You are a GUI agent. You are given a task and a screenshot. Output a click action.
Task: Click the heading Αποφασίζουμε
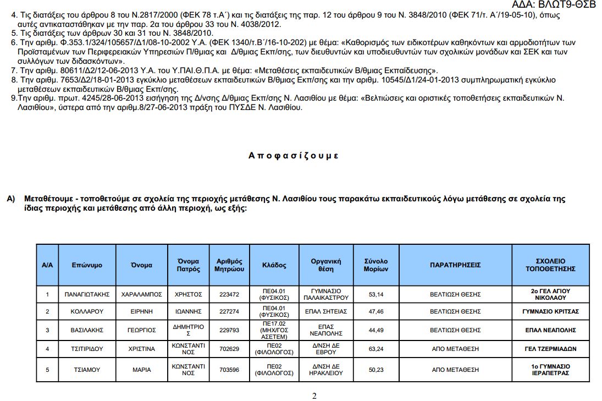pyautogui.click(x=294, y=156)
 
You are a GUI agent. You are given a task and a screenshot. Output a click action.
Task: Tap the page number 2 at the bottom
pyautogui.click(x=314, y=395)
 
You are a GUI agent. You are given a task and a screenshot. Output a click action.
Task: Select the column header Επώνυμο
pyautogui.click(x=87, y=265)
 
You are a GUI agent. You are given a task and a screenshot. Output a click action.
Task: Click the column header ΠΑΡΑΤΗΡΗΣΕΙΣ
pyautogui.click(x=455, y=265)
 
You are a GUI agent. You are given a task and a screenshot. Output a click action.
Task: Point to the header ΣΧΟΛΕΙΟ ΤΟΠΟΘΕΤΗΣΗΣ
pyautogui.click(x=550, y=265)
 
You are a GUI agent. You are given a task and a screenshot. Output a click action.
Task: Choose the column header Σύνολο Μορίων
pyautogui.click(x=376, y=265)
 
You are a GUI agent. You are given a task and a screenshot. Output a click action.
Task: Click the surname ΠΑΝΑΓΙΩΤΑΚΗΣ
pyautogui.click(x=87, y=294)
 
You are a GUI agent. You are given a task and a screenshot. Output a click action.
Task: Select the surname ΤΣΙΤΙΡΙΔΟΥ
pyautogui.click(x=87, y=349)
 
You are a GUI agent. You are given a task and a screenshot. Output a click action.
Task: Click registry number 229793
pyautogui.click(x=229, y=330)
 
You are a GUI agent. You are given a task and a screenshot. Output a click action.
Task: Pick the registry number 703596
pyautogui.click(x=229, y=370)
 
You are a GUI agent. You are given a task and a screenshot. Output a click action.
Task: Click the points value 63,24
pyautogui.click(x=376, y=349)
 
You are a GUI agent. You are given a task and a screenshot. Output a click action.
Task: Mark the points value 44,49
pyautogui.click(x=376, y=330)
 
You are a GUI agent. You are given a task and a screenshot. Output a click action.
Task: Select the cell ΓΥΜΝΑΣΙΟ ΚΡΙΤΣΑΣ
pyautogui.click(x=550, y=311)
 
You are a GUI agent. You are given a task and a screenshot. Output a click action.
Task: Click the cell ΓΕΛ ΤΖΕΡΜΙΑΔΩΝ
pyautogui.click(x=550, y=349)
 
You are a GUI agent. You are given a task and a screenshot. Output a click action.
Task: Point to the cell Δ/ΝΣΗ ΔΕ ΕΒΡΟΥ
pyautogui.click(x=327, y=349)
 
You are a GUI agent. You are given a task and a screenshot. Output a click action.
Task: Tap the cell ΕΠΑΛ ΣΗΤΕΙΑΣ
pyautogui.click(x=327, y=311)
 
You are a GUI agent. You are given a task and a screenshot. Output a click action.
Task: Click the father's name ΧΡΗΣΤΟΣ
pyautogui.click(x=188, y=294)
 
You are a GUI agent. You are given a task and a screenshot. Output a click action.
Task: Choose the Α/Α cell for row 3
pyautogui.click(x=47, y=330)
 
